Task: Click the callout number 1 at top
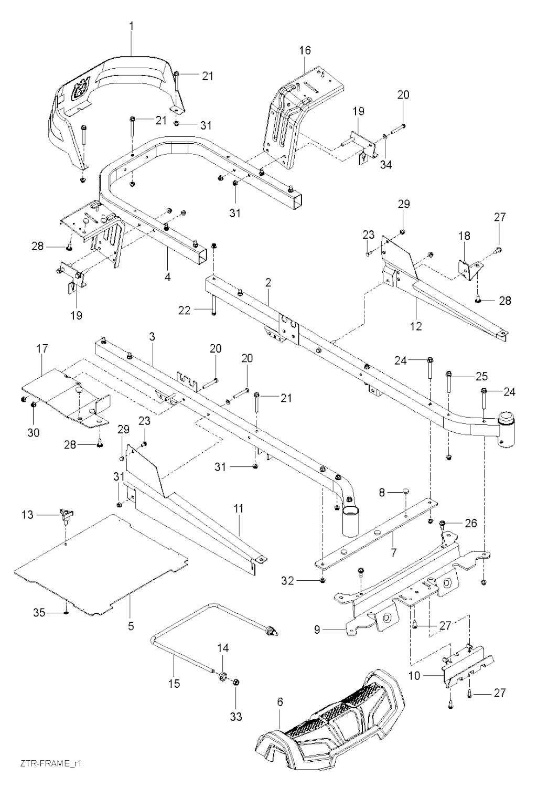132,25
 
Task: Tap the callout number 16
305,50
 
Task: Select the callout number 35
40,612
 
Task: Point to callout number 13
27,515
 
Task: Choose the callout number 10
414,676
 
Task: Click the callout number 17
42,348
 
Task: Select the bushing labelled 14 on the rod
222,675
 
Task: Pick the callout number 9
317,630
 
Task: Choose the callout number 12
416,326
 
